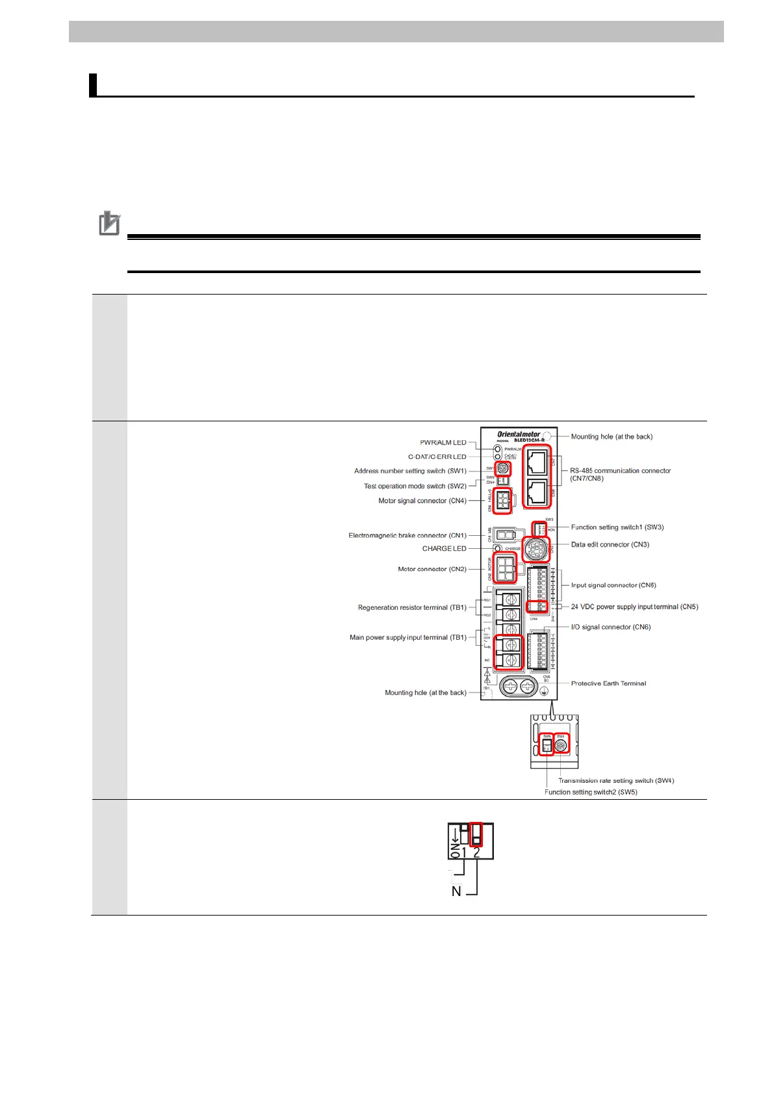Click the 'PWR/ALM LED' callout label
pyautogui.click(x=443, y=443)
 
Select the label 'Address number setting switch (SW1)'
pyautogui.click(x=410, y=471)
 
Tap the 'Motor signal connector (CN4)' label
pyautogui.click(x=422, y=501)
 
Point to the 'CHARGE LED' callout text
pyautogui.click(x=445, y=548)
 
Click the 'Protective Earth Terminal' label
pyautogui.click(x=608, y=683)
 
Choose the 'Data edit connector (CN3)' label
pyautogui.click(x=610, y=544)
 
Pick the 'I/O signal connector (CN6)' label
pyautogui.click(x=610, y=627)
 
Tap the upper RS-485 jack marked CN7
pyautogui.click(x=537, y=462)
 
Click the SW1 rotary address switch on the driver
pyautogui.click(x=503, y=468)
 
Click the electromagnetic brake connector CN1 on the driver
pyautogui.click(x=504, y=535)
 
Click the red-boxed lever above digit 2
pyautogui.click(x=476, y=834)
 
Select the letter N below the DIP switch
pyautogui.click(x=456, y=891)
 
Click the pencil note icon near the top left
pyautogui.click(x=109, y=224)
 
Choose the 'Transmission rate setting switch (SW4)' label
pyautogui.click(x=615, y=780)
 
